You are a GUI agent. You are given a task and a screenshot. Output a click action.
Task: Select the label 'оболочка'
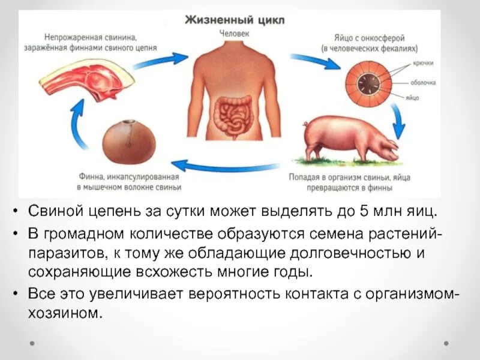coord(422,83)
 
